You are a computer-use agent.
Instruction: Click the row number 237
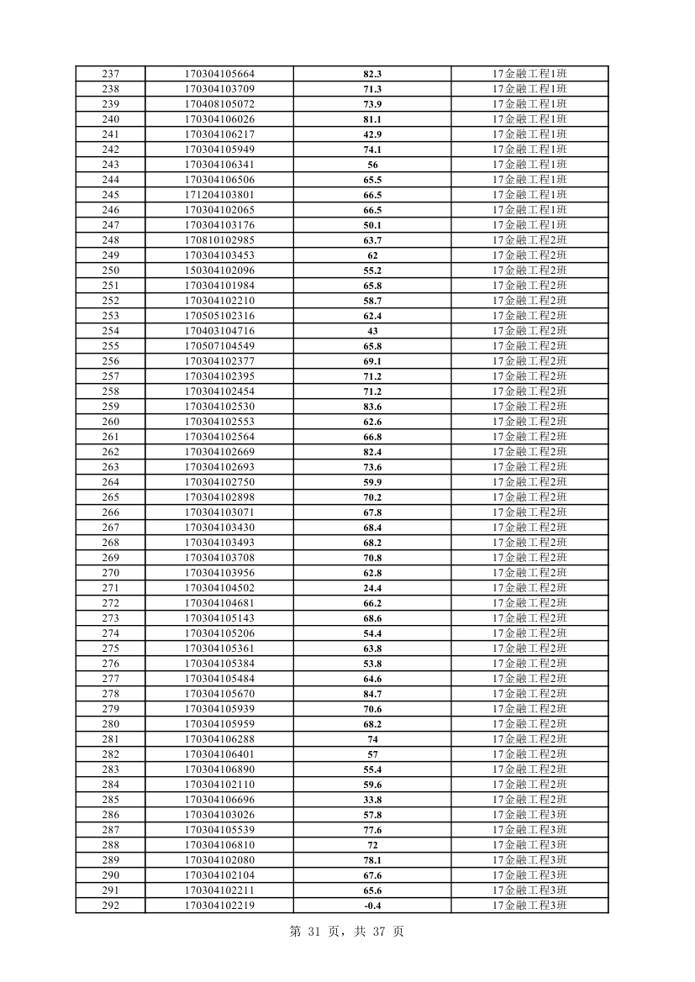point(110,74)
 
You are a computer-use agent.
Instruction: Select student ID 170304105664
point(219,74)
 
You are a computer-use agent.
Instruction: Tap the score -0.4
point(372,906)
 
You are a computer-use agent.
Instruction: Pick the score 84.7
point(372,694)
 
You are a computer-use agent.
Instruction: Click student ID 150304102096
point(219,270)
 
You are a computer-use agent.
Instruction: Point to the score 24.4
point(372,588)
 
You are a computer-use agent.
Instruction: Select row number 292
point(110,906)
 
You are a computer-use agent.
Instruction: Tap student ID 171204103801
point(219,195)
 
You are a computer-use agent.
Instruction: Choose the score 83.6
point(372,407)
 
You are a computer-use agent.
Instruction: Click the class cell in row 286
point(529,815)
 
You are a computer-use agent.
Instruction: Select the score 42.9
point(372,134)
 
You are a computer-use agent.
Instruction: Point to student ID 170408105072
point(219,104)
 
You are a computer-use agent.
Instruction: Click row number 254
point(110,331)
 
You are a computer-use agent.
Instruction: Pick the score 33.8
point(372,800)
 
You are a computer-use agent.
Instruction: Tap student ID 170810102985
point(219,240)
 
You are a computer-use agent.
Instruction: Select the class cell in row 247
point(529,225)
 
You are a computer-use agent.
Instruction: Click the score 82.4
point(372,452)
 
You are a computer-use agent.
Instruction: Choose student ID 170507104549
point(219,346)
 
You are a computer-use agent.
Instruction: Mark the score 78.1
point(372,860)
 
